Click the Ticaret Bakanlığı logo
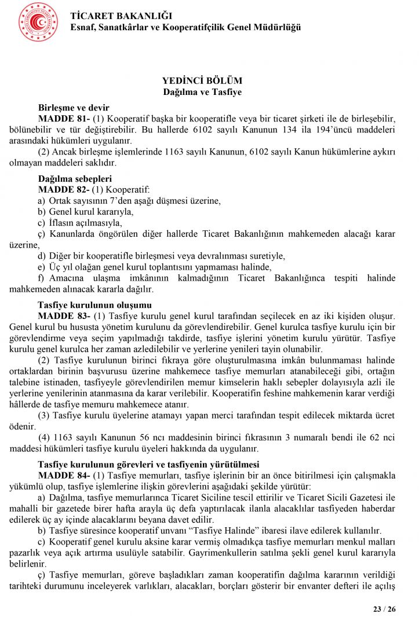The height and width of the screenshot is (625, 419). click(38, 22)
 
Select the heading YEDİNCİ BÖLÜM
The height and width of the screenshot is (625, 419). click(202, 81)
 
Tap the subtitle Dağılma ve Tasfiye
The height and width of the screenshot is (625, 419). click(202, 92)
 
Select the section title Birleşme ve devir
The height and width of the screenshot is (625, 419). click(74, 108)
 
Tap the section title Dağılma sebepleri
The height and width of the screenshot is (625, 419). click(75, 178)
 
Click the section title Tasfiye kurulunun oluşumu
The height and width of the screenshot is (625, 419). click(94, 305)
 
